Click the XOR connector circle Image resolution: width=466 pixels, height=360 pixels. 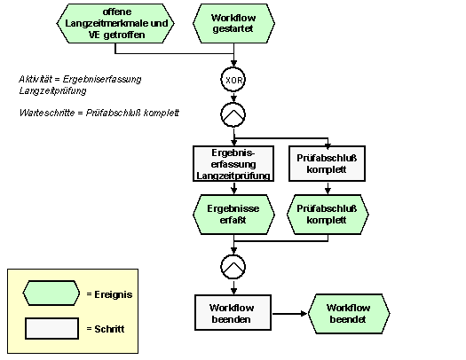click(233, 80)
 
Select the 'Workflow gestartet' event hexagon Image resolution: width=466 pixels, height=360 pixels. click(233, 23)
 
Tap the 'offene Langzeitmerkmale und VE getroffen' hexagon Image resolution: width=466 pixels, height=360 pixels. click(115, 23)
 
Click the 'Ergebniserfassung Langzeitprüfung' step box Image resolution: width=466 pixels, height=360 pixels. click(233, 163)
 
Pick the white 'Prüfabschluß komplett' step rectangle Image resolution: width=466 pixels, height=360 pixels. click(327, 163)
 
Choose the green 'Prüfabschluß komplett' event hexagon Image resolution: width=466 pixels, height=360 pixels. click(328, 215)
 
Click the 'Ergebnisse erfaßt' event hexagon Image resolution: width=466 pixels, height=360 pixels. click(233, 215)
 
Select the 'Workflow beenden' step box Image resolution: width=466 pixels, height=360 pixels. click(233, 312)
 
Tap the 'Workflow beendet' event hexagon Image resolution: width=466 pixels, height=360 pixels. click(349, 314)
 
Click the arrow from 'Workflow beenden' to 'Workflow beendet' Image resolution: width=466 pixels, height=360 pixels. click(289, 313)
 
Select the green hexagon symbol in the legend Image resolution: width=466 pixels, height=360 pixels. click(51, 293)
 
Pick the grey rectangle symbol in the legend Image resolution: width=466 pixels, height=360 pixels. click(52, 329)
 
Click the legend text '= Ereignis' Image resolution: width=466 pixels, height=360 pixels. click(109, 294)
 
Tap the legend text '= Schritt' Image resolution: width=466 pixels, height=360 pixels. click(106, 329)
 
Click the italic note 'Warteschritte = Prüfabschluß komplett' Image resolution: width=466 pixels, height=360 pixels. click(99, 113)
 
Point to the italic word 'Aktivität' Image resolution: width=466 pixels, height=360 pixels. click(36, 79)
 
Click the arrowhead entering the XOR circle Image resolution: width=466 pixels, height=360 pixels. click(234, 64)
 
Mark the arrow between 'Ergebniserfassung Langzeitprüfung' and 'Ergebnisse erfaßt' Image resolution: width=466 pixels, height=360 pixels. click(234, 188)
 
